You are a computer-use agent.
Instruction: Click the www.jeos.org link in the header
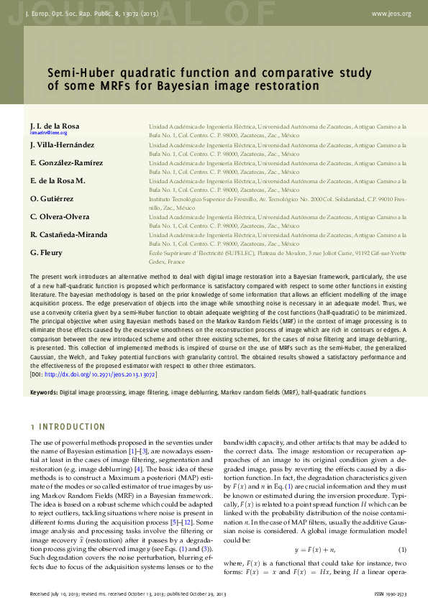(391, 14)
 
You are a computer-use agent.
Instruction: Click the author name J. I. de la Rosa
(55, 126)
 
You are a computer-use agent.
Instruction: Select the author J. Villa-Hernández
(62, 144)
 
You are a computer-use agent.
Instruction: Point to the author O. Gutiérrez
(51, 198)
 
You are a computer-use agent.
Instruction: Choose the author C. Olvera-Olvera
(60, 216)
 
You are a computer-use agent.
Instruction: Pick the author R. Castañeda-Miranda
(69, 234)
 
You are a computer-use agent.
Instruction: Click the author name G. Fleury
(46, 252)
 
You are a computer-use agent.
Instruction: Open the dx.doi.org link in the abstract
(100, 374)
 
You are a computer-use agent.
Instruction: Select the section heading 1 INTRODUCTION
(68, 427)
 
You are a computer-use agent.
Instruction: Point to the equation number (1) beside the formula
(401, 490)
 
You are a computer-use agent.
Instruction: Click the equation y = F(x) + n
(315, 490)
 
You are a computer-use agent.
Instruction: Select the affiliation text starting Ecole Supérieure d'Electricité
(277, 253)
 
